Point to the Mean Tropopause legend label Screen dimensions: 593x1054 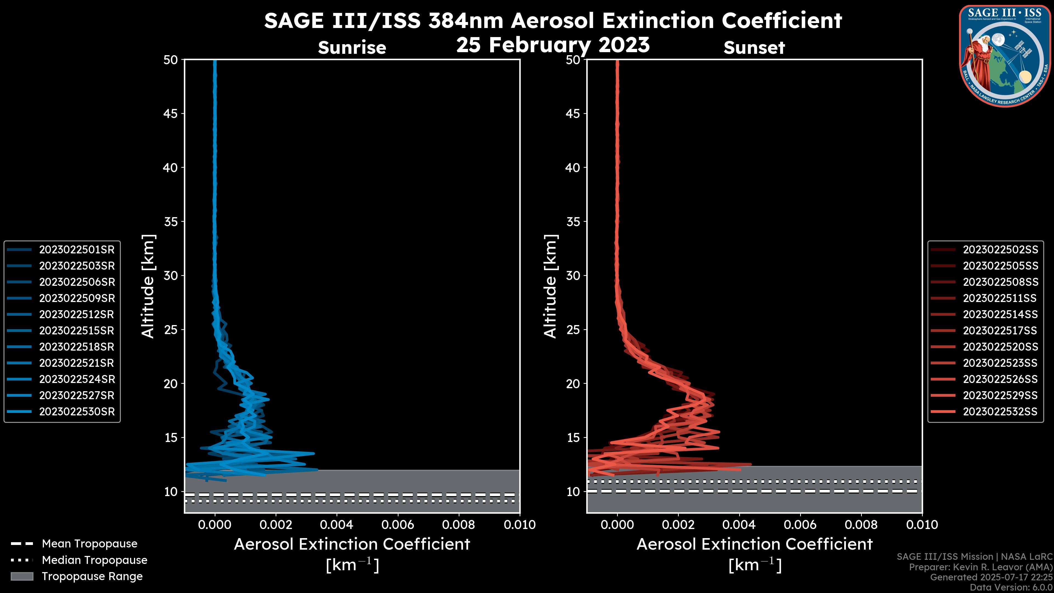(x=89, y=544)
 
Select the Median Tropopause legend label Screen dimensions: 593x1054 (x=94, y=560)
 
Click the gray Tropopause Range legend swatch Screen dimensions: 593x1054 (x=22, y=577)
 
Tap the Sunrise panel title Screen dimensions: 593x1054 (x=352, y=48)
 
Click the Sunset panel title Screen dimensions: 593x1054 (x=754, y=48)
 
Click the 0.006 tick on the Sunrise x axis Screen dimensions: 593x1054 (x=398, y=525)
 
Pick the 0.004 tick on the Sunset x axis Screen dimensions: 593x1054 (x=739, y=525)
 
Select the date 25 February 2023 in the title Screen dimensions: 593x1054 (x=553, y=45)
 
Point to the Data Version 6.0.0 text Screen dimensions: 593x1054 (x=1011, y=588)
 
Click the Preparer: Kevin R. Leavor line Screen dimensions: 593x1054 (x=980, y=567)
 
